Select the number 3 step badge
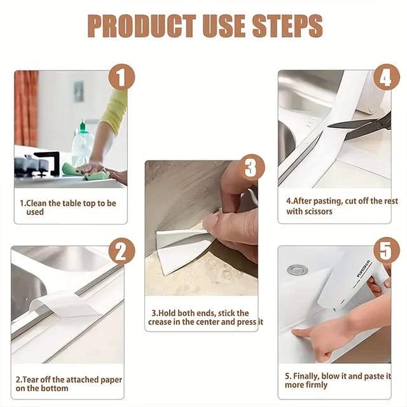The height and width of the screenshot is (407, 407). [x=250, y=168]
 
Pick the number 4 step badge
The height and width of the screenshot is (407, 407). [x=385, y=78]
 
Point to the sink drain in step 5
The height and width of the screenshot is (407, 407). [x=297, y=270]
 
